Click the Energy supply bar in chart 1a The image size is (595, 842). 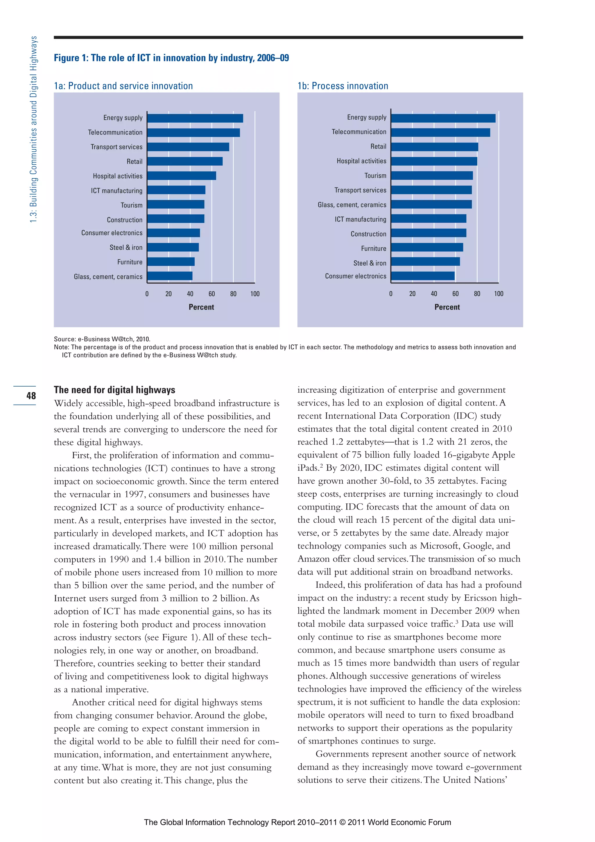pyautogui.click(x=195, y=118)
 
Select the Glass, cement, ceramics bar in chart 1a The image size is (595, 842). pyautogui.click(x=170, y=276)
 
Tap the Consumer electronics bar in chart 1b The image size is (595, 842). pyautogui.click(x=422, y=276)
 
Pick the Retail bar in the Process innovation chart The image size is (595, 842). pyautogui.click(x=434, y=147)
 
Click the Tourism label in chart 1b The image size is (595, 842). pyautogui.click(x=375, y=176)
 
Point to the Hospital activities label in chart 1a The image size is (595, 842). pyautogui.click(x=117, y=176)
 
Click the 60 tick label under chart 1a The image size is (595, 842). pyautogui.click(x=212, y=294)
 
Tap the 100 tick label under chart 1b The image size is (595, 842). pyautogui.click(x=498, y=294)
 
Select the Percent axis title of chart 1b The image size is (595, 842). pyautogui.click(x=447, y=307)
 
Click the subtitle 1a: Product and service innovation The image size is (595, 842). pyautogui.click(x=123, y=86)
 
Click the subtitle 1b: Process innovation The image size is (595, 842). pyautogui.click(x=343, y=86)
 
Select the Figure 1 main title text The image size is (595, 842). pyautogui.click(x=171, y=58)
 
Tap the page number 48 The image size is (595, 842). pyautogui.click(x=31, y=396)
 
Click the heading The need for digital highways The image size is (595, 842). pyautogui.click(x=114, y=390)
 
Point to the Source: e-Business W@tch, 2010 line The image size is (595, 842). pyautogui.click(x=102, y=339)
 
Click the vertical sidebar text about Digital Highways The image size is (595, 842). pyautogui.click(x=33, y=129)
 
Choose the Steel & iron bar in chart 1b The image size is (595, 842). pyautogui.click(x=425, y=262)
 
